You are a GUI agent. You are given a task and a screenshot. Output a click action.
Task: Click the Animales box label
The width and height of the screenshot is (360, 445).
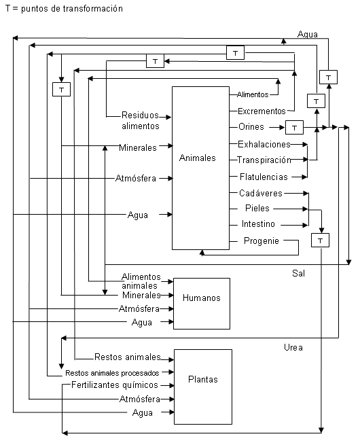198,158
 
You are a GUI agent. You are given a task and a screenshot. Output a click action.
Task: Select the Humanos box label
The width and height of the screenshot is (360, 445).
202,298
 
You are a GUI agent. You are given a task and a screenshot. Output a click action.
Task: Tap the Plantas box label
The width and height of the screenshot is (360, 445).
203,380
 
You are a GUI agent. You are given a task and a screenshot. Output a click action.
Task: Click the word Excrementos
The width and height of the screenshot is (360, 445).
262,111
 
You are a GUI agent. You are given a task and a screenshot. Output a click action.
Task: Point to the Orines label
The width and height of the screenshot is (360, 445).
251,126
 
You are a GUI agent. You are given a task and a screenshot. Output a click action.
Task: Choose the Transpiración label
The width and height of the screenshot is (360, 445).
264,160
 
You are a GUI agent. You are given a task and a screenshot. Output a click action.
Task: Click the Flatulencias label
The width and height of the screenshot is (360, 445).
264,177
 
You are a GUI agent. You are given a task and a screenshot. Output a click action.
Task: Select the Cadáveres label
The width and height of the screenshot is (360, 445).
261,193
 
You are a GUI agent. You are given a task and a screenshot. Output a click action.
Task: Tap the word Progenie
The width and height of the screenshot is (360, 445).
262,241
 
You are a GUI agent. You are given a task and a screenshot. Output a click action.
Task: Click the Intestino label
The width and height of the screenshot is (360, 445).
258,224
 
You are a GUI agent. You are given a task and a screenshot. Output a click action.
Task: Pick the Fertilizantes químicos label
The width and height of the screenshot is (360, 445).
115,385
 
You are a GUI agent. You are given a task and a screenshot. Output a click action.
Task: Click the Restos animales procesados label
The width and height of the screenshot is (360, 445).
112,373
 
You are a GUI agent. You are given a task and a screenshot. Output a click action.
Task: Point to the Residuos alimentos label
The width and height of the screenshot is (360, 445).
141,120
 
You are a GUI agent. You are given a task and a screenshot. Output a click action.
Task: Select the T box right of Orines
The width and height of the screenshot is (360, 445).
294,127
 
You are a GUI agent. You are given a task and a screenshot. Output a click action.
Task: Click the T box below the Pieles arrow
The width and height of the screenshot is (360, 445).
320,241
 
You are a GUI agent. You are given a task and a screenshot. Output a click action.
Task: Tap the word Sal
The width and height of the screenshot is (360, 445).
298,273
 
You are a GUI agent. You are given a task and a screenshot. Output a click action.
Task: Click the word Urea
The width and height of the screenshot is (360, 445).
293,347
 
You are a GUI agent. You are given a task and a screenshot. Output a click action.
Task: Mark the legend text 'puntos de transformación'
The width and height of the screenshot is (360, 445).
72,9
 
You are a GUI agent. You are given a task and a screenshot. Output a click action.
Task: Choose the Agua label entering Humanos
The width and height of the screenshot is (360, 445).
142,323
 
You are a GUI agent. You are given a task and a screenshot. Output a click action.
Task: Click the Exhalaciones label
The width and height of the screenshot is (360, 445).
264,145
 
